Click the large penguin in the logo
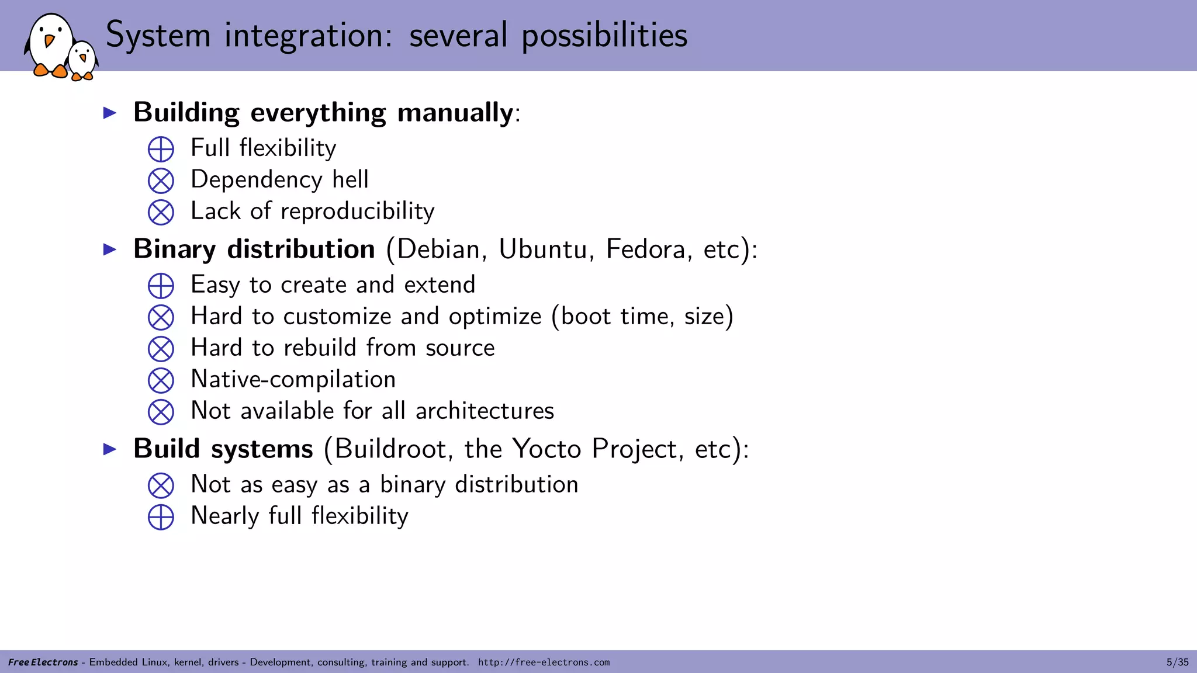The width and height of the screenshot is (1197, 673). (x=50, y=46)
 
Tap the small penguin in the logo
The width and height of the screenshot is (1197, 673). (x=82, y=60)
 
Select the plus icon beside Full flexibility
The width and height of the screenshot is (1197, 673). (x=161, y=149)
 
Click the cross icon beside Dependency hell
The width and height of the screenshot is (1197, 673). (x=161, y=181)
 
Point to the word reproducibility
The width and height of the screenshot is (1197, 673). (x=357, y=211)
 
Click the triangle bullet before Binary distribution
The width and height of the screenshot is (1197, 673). (x=110, y=250)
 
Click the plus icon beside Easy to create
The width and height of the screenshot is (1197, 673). (x=161, y=286)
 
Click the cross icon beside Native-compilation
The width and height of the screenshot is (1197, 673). (x=161, y=380)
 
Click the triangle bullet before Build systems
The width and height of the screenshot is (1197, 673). (x=110, y=449)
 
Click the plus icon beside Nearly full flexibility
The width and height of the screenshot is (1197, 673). (x=161, y=517)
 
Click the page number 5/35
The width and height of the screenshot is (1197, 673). (x=1177, y=662)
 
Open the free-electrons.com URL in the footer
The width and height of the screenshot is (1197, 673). (x=544, y=662)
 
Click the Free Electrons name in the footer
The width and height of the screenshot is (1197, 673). (x=43, y=662)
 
